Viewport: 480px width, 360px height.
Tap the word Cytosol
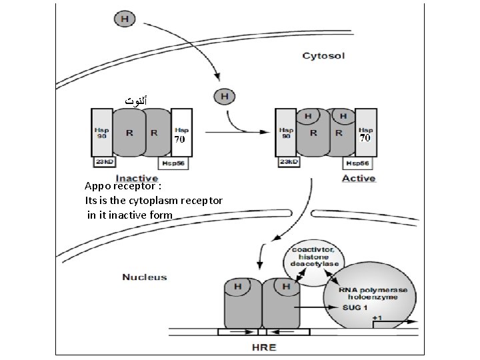point(323,56)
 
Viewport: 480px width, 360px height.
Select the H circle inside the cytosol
point(223,97)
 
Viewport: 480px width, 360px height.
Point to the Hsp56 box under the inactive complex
point(173,163)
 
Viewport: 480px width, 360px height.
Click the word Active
point(358,178)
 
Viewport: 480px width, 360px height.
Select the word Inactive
point(136,178)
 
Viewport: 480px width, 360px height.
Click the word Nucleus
point(144,277)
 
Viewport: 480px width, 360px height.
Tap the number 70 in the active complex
point(365,139)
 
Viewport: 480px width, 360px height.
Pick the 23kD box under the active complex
point(287,162)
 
